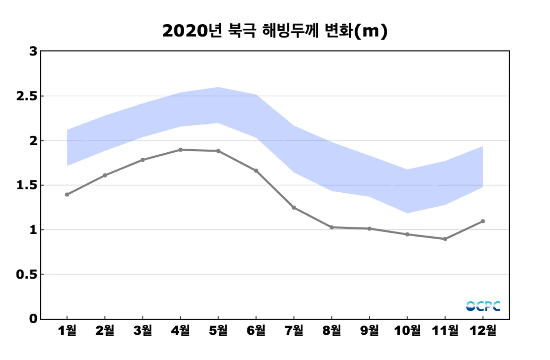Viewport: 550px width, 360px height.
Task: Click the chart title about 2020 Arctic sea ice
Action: [x=275, y=31]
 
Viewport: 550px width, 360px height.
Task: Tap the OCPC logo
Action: [x=483, y=306]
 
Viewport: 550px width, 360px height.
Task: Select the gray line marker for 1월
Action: [x=67, y=194]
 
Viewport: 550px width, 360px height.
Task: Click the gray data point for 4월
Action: [x=180, y=150]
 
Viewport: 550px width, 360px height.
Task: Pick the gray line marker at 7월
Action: [x=294, y=208]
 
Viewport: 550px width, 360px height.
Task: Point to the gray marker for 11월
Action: [x=445, y=239]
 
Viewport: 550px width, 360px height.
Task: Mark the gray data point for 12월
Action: [x=483, y=221]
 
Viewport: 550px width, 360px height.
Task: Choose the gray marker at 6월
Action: [x=256, y=171]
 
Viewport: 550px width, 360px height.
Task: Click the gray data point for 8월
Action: [x=331, y=227]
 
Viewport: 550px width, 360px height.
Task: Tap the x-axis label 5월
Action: [x=218, y=331]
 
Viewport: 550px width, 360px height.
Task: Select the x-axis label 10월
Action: [x=407, y=331]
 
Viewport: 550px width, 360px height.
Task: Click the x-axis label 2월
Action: [x=105, y=331]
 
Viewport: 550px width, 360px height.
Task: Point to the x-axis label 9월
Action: [x=369, y=331]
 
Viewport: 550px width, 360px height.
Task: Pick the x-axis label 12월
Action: [x=483, y=331]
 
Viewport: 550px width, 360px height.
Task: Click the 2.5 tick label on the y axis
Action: [x=27, y=96]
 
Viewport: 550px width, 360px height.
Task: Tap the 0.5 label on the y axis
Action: [x=27, y=274]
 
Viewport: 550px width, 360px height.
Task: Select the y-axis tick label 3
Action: [x=33, y=51]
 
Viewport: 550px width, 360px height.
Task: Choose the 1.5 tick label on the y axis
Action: [x=27, y=185]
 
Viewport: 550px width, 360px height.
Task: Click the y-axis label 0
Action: [x=33, y=319]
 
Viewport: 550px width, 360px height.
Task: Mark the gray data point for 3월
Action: [x=143, y=160]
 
